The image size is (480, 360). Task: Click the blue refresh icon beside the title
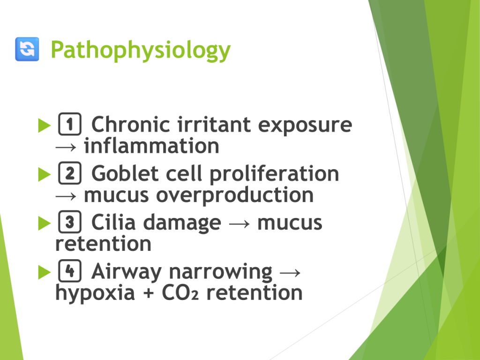click(x=27, y=49)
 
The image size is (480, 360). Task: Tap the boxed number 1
click(x=70, y=124)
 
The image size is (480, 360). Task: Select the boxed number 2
click(x=70, y=173)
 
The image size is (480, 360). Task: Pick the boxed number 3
click(x=70, y=222)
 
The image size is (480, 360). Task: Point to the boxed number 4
click(x=70, y=270)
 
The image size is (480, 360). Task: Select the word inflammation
click(x=151, y=146)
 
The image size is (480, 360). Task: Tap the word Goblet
click(x=125, y=173)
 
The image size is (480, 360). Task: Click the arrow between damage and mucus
click(x=240, y=224)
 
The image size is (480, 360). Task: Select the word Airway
click(x=126, y=272)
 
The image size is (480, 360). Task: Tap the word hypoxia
click(x=95, y=293)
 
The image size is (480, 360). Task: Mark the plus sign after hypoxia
click(x=148, y=293)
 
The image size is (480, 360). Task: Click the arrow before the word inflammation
click(x=66, y=147)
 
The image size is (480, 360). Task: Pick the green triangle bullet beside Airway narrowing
click(x=45, y=272)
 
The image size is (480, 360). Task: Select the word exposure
click(x=305, y=126)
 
